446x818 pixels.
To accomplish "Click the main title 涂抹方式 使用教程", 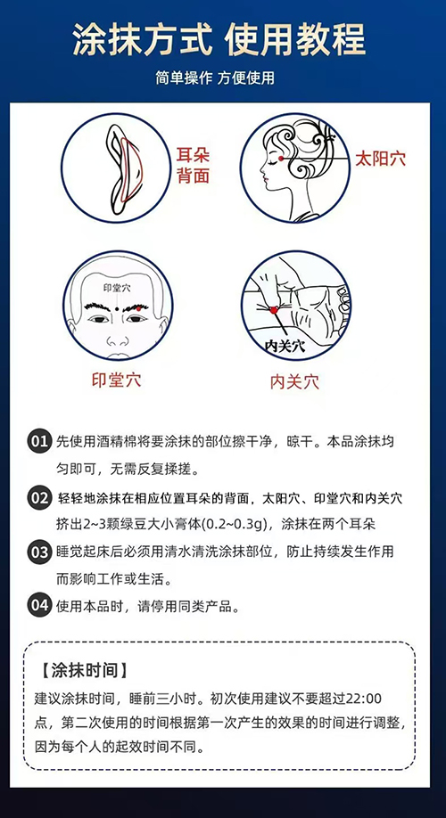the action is point(219,39).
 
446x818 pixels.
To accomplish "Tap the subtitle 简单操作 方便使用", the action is point(215,78).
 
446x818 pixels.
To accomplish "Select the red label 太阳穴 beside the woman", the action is point(380,159).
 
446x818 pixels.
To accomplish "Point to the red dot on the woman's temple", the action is point(281,158).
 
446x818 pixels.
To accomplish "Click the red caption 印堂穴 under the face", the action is point(116,380).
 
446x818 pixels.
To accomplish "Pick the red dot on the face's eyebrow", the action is point(138,307).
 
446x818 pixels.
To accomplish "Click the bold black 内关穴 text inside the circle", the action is point(285,345).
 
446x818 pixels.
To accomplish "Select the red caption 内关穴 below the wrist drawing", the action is point(294,381).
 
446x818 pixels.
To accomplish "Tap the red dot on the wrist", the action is point(274,310).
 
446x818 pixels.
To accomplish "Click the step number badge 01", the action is point(39,442).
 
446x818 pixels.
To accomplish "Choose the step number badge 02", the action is point(39,498).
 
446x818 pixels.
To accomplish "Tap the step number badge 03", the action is point(39,552).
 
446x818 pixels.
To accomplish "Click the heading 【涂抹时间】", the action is point(83,671).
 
